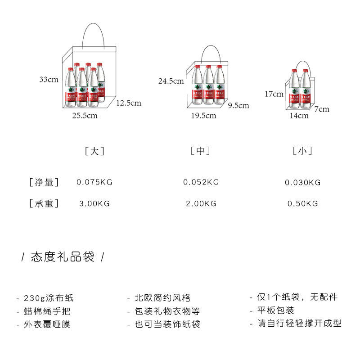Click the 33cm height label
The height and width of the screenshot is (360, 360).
tap(49, 80)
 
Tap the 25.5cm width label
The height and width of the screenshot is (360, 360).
tap(85, 116)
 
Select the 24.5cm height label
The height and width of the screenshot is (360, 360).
tap(171, 81)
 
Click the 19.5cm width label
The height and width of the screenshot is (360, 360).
tap(203, 116)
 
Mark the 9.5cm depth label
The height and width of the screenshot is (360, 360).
tap(238, 106)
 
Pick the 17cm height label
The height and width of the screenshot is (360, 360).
tap(274, 94)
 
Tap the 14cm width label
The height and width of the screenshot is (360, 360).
tap(299, 116)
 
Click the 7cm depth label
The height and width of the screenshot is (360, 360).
tap(322, 109)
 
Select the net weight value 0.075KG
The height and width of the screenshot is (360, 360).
tap(94, 182)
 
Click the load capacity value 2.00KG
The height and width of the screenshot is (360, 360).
tap(201, 204)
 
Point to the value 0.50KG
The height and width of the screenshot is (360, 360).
tap(302, 204)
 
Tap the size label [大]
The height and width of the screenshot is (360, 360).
tap(94, 151)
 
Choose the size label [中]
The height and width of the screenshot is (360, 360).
tap(200, 151)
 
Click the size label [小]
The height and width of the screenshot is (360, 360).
tap(302, 151)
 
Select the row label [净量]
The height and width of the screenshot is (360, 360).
tap(44, 182)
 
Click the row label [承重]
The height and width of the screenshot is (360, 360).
tap(44, 204)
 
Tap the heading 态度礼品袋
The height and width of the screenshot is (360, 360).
tap(63, 257)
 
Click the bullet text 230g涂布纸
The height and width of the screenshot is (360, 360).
tap(48, 298)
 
